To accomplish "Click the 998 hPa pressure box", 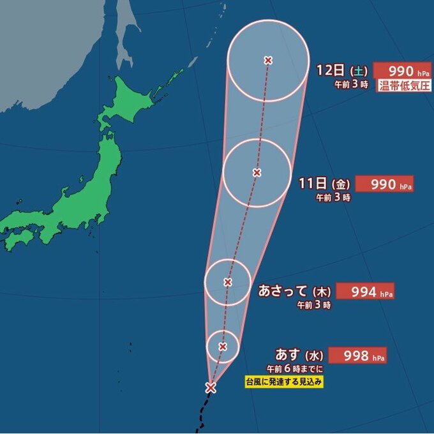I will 361,355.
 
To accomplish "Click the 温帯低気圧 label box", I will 405,85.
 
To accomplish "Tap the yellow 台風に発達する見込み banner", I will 285,382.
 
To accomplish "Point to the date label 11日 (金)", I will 324,184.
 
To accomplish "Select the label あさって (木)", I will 294,292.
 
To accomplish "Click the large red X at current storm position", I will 211,387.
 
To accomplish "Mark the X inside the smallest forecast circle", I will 223,346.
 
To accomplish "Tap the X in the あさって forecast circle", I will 227,281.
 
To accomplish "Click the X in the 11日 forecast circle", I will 257,172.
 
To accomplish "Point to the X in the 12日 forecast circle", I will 268,60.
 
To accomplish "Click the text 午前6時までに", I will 296,370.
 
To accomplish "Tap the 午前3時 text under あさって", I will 315,306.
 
